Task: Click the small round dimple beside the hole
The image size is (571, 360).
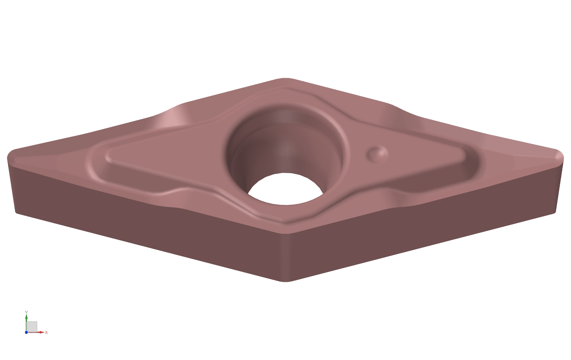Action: [377, 154]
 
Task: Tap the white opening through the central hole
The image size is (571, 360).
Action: [285, 189]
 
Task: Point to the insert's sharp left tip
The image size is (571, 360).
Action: [8, 158]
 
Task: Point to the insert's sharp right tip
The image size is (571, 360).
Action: [563, 158]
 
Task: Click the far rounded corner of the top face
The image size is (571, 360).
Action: [285, 79]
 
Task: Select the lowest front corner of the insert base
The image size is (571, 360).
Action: [285, 281]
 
